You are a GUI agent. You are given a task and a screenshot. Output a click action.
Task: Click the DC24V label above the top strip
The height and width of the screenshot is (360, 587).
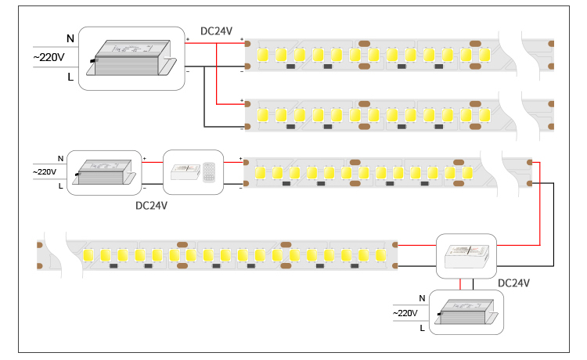[216, 31]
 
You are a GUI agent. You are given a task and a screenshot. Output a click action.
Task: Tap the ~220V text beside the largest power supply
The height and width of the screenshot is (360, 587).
[49, 57]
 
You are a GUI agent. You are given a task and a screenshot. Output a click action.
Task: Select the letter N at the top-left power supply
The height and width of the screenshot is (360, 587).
[70, 38]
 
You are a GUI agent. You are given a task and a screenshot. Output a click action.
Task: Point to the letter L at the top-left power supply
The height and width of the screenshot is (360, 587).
[70, 77]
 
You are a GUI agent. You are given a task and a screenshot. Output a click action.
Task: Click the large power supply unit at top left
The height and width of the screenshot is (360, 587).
[131, 58]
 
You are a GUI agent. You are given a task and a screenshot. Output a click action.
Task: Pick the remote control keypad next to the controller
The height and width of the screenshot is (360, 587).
[209, 172]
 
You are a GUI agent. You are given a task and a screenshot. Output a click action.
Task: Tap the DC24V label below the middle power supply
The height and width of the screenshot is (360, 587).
[151, 206]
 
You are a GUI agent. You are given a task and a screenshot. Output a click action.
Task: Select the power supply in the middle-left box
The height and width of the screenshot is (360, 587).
[104, 172]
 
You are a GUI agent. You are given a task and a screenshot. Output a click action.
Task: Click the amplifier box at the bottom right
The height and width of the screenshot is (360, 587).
[466, 257]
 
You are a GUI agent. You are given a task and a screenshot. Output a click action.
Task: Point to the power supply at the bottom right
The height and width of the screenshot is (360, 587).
[466, 312]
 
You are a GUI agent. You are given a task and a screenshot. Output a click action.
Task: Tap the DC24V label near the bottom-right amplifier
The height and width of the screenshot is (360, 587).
[513, 283]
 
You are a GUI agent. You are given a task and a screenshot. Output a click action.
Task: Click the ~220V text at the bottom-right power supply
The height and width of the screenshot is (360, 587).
[405, 313]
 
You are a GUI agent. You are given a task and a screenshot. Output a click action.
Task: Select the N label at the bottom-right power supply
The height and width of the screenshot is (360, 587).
[422, 298]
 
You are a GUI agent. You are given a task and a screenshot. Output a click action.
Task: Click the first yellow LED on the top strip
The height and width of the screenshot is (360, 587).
[263, 55]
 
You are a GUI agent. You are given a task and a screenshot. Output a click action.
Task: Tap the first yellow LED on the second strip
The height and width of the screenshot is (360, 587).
[263, 115]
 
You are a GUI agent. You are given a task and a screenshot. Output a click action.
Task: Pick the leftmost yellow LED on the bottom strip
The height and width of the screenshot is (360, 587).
[88, 255]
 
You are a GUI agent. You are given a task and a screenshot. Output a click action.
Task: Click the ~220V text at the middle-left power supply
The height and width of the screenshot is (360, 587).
[45, 171]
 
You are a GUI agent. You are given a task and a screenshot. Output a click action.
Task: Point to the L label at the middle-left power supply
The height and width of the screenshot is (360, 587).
[60, 186]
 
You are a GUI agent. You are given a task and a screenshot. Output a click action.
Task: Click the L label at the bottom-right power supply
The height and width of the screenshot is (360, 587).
[423, 328]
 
